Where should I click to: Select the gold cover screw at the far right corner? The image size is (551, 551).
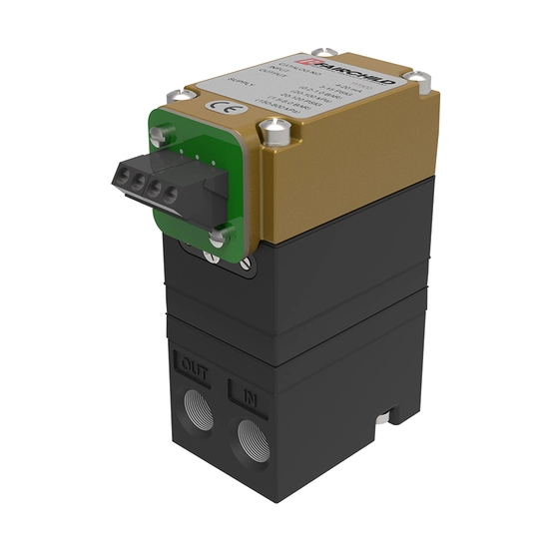click(420, 75)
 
